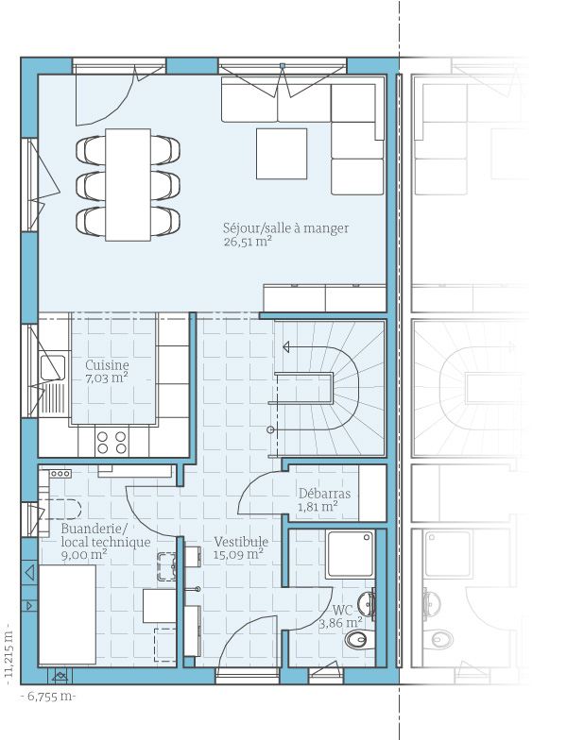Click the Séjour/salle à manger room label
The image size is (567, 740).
(285, 228)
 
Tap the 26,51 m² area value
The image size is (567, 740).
(248, 242)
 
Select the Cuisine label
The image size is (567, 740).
(107, 364)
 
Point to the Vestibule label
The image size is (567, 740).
(241, 542)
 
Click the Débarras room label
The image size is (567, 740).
(325, 494)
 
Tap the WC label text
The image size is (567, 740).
(342, 610)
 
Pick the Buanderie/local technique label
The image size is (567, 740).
(106, 535)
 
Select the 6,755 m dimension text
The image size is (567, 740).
(49, 697)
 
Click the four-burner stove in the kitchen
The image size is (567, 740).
(112, 442)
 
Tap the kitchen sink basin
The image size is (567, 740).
(53, 368)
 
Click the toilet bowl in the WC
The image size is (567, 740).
(358, 640)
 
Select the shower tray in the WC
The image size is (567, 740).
(350, 554)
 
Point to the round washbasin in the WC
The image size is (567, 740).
(366, 603)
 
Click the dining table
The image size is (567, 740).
(129, 185)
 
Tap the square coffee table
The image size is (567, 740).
(282, 154)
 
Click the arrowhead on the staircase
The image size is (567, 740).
(286, 347)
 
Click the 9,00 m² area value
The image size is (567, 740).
(84, 555)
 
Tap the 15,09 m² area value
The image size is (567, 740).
(238, 555)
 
